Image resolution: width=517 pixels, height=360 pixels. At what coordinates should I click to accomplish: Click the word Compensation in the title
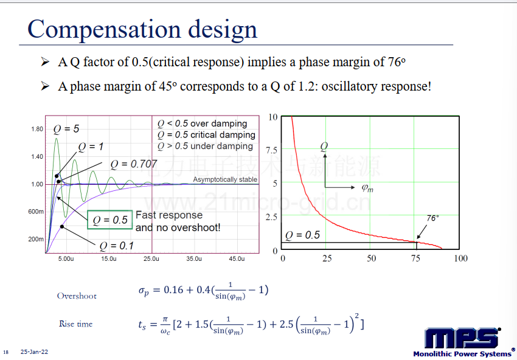(x=104, y=30)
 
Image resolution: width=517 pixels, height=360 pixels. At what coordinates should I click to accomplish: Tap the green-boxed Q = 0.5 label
(x=110, y=220)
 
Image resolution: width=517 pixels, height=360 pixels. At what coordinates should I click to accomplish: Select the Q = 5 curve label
(x=66, y=129)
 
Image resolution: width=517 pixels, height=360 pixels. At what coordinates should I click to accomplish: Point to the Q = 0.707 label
(x=134, y=164)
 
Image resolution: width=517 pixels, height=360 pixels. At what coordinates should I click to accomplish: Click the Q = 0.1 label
(x=116, y=246)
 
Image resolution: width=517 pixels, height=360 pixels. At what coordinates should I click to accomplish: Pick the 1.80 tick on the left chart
(x=37, y=129)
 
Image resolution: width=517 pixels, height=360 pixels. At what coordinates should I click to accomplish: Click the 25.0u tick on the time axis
(x=151, y=259)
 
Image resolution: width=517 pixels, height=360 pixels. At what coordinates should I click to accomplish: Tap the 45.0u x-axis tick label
(x=237, y=259)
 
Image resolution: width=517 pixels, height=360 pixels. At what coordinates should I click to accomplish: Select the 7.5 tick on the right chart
(x=272, y=150)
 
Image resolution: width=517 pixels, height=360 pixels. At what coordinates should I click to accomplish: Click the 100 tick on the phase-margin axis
(x=460, y=258)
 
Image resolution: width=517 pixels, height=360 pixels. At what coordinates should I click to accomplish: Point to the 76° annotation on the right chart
(x=432, y=218)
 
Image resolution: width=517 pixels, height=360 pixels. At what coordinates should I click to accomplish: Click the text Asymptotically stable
(x=225, y=179)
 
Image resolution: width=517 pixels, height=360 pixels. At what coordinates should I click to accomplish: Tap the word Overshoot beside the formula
(x=77, y=296)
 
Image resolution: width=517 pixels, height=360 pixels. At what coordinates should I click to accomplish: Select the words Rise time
(x=76, y=324)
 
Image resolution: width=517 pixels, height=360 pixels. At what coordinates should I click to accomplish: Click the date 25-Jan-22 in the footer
(x=34, y=352)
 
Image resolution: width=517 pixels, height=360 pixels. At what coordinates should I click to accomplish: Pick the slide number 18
(x=5, y=353)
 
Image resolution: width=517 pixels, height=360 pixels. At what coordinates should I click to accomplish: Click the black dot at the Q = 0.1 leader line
(x=62, y=226)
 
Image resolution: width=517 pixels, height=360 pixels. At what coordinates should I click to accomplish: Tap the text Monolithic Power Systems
(x=462, y=354)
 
